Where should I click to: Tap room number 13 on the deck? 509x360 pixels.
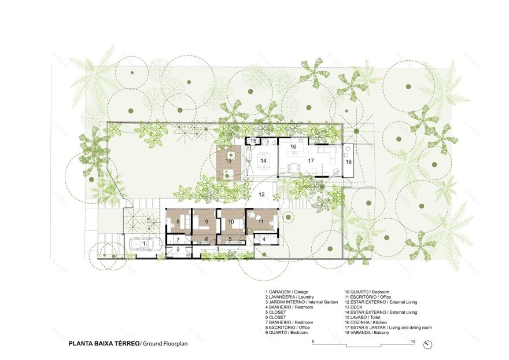(229, 160)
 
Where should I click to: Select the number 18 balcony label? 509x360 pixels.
(348, 161)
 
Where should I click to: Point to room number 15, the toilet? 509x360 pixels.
(253, 141)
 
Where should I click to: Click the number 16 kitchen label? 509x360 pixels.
(293, 147)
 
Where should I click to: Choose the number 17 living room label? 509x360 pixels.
(311, 160)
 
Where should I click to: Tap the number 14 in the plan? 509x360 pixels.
(263, 160)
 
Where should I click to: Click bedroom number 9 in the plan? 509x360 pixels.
(206, 222)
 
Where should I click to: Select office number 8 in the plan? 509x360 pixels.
(178, 222)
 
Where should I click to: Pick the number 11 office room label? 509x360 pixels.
(261, 222)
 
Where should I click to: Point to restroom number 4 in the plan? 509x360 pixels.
(264, 239)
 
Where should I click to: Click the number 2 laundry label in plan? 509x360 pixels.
(178, 249)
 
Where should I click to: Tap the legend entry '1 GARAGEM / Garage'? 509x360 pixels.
(287, 291)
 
